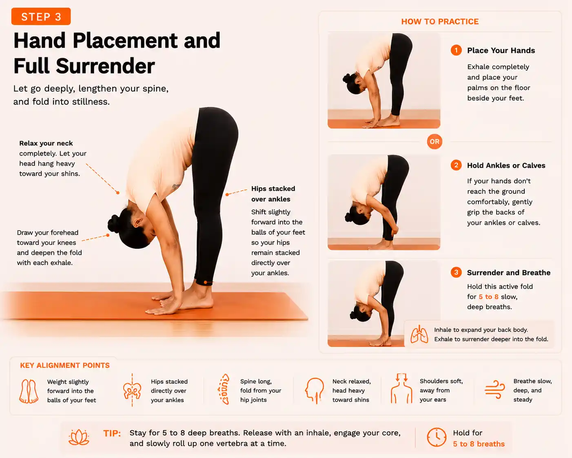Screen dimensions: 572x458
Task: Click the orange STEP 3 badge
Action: click(41, 16)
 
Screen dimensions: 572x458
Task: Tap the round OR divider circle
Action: click(435, 142)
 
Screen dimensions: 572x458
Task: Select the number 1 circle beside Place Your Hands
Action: click(456, 50)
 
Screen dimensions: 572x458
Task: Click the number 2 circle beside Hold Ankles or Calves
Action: click(456, 165)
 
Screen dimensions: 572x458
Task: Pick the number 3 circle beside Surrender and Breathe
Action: click(456, 272)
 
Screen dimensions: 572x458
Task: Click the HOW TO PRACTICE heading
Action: click(440, 22)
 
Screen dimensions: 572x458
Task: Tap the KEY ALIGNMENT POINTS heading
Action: click(65, 365)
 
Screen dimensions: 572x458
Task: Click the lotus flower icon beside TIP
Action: click(79, 437)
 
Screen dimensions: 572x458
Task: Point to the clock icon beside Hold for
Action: click(437, 437)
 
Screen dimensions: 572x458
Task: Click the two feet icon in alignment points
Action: click(29, 391)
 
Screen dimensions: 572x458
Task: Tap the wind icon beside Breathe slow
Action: click(494, 389)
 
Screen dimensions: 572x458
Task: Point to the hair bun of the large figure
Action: click(114, 224)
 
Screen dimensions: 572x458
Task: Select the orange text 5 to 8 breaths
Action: click(479, 444)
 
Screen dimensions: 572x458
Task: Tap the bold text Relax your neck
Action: click(46, 143)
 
